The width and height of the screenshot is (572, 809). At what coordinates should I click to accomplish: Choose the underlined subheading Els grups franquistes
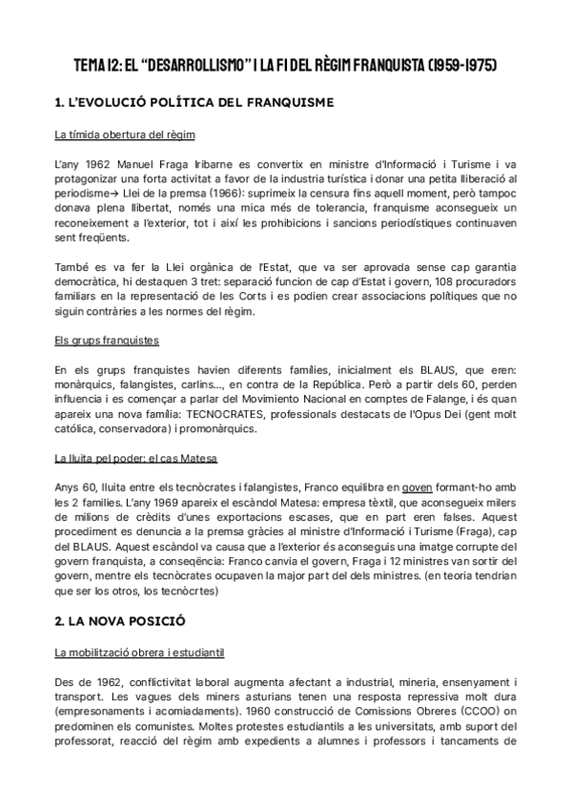pyautogui.click(x=107, y=340)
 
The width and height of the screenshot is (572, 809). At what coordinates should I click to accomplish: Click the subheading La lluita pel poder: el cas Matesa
pyautogui.click(x=135, y=458)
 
